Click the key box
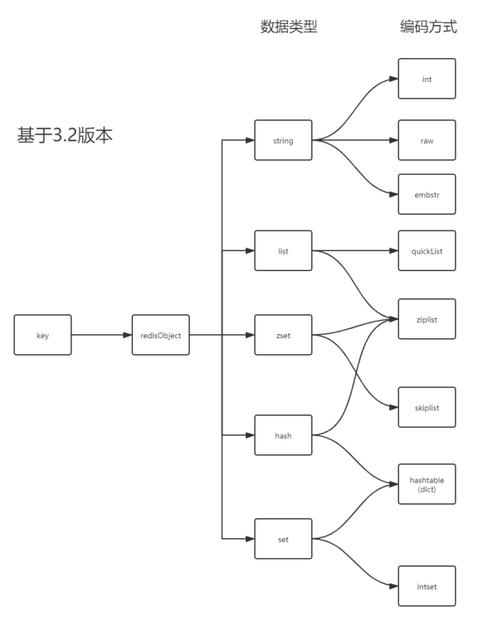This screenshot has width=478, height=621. click(42, 335)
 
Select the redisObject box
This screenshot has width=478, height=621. click(161, 335)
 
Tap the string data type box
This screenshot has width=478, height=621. click(283, 140)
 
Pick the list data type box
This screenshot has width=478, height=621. click(283, 250)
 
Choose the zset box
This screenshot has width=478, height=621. click(283, 335)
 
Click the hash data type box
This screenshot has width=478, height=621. click(283, 434)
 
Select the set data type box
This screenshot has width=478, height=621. click(283, 538)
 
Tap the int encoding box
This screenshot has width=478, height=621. click(427, 80)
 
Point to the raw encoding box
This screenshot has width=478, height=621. click(427, 140)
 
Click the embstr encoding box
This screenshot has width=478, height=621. click(427, 195)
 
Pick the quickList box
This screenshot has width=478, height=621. click(427, 250)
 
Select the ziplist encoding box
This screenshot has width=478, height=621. click(427, 319)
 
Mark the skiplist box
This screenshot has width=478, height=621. click(427, 407)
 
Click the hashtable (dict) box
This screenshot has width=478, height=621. click(427, 484)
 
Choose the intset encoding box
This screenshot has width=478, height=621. click(427, 587)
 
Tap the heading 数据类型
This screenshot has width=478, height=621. click(289, 27)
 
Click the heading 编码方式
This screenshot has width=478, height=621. click(428, 27)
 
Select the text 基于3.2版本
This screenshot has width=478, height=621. click(65, 135)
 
